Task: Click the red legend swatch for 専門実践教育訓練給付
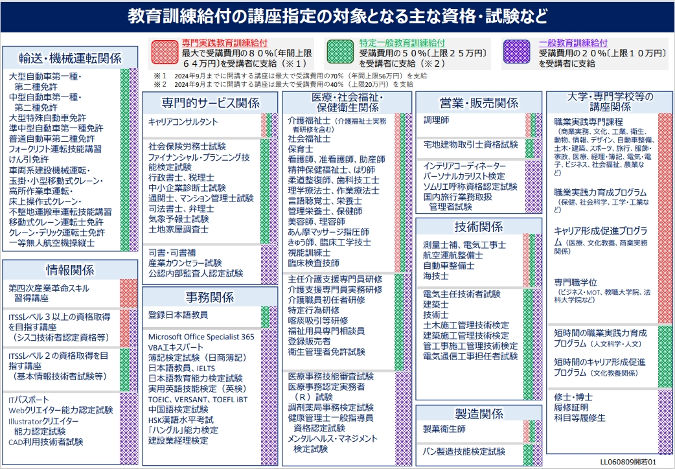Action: (165, 52)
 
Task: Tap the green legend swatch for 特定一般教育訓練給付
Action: (340, 52)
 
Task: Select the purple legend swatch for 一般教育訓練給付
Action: (516, 52)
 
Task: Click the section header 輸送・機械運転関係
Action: (70, 58)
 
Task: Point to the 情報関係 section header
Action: (70, 270)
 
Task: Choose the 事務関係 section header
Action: (210, 297)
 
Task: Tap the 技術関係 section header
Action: (478, 227)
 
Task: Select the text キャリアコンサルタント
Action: (183, 122)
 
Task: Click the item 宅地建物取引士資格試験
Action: (470, 144)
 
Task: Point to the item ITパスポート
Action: (29, 400)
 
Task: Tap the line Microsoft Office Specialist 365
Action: (201, 337)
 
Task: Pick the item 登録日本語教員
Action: (177, 315)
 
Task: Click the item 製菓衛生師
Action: (444, 429)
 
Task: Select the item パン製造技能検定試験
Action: (464, 452)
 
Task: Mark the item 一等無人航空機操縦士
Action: (52, 243)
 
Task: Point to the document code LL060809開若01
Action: (628, 462)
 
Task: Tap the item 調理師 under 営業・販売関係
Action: (436, 120)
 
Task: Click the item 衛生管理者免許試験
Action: (326, 352)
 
